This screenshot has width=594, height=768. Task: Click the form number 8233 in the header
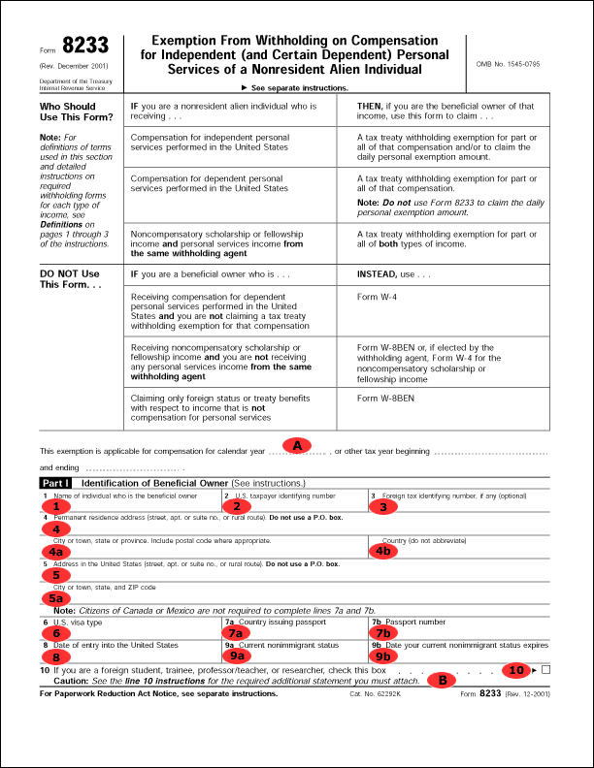point(85,46)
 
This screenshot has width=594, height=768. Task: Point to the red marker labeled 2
point(232,505)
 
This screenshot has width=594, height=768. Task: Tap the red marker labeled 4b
point(385,550)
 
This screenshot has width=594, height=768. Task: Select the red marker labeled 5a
point(58,598)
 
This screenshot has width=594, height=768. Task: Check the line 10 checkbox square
point(546,669)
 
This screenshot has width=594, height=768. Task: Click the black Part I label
point(56,482)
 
